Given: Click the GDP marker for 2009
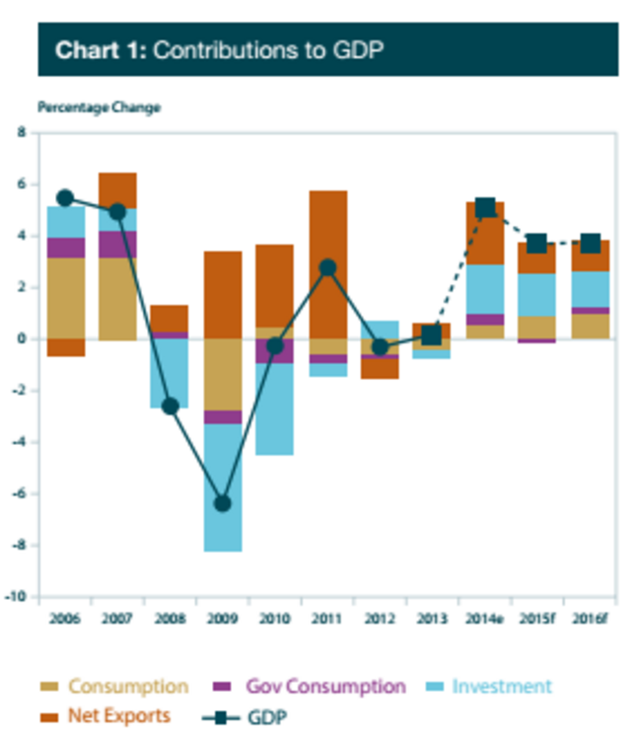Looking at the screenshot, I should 223,503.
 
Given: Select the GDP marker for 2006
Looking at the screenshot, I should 65,198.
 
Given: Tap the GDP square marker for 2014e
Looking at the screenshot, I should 485,207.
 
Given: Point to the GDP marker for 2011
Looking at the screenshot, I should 328,267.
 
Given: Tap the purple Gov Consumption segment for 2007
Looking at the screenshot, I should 117,244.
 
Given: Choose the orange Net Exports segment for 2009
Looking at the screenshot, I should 223,295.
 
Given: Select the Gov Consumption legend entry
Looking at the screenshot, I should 324,687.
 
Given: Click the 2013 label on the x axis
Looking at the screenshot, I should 432,618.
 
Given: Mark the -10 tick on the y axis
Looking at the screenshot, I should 22,597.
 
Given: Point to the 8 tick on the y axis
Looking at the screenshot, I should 22,132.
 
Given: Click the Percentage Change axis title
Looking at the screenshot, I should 99,108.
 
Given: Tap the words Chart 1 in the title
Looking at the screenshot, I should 100,50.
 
